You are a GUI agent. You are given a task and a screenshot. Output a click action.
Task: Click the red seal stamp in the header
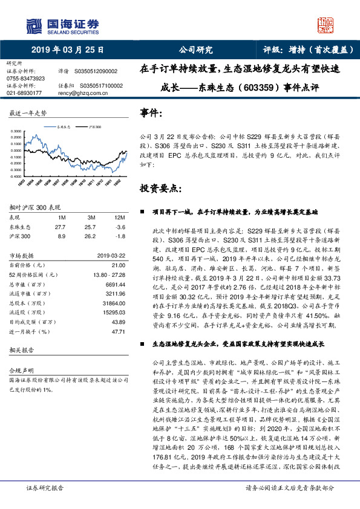point(327,25)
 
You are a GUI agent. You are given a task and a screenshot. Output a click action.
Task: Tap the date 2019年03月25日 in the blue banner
point(67,50)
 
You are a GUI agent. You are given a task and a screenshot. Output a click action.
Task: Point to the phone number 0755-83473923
point(25,79)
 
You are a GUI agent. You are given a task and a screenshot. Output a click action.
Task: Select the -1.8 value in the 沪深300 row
point(120,236)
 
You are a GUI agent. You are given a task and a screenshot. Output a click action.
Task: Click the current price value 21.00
point(119,265)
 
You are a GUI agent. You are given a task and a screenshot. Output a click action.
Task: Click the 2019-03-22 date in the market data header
point(111,256)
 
